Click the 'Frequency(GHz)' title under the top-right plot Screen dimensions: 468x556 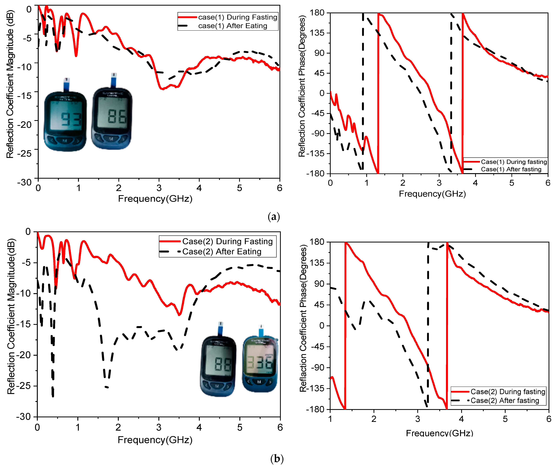click(x=432, y=194)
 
